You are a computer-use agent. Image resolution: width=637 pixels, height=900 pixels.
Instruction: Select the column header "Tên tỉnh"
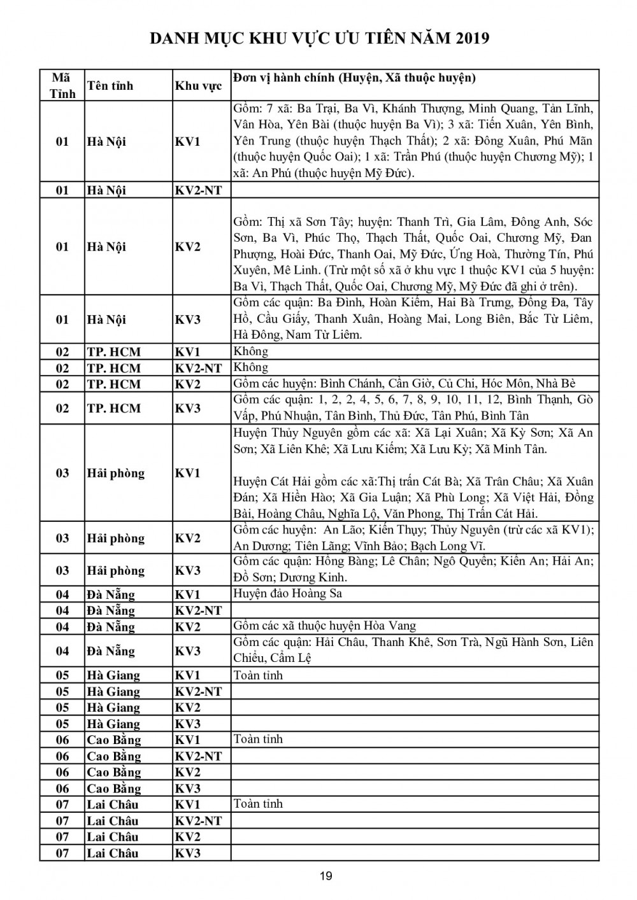coord(110,86)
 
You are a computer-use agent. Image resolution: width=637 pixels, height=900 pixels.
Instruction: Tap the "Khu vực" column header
coord(198,86)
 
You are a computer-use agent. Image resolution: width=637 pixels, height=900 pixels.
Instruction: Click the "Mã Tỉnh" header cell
coord(62,86)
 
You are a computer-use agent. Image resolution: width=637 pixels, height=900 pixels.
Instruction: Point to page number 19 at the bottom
coord(326,876)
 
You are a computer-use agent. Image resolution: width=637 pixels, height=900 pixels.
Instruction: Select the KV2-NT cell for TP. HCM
coord(198,368)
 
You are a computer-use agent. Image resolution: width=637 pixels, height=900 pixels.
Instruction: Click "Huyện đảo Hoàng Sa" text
coord(288,594)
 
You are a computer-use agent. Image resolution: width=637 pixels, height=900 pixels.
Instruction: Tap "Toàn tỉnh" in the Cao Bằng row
coord(258,739)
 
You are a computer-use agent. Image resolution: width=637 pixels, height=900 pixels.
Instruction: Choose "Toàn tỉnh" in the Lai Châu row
coord(258,804)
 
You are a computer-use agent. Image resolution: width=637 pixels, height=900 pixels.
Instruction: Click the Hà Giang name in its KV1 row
coord(113,675)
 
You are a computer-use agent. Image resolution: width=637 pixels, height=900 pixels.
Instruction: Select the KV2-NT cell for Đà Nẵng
coord(198,610)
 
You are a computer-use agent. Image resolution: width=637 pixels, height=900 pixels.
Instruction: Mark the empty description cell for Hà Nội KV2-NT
coord(414,190)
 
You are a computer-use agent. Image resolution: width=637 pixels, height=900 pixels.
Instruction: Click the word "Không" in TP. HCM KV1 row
coord(251,351)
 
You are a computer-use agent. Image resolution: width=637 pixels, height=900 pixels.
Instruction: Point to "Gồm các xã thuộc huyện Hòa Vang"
coord(325,626)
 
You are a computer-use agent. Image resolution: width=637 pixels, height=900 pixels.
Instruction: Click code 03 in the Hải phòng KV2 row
coord(62,538)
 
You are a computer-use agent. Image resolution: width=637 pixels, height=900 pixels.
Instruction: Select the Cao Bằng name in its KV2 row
coord(113,772)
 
